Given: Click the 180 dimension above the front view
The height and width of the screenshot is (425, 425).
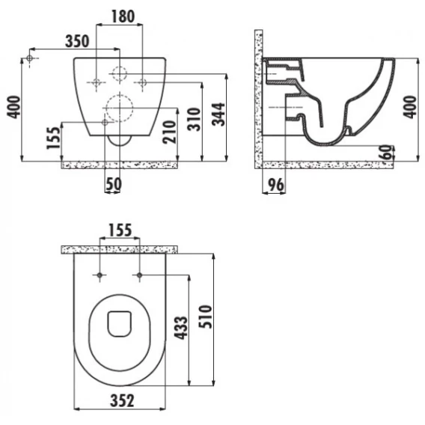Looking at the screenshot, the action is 123,16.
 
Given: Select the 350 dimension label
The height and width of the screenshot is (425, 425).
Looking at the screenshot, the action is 77,41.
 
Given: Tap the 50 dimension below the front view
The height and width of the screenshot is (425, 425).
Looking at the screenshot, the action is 114,184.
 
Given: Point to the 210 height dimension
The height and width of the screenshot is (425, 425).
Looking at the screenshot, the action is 170,132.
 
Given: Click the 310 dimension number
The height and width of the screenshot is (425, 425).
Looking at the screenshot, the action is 195,119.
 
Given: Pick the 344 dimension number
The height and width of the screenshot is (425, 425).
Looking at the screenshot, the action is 218,114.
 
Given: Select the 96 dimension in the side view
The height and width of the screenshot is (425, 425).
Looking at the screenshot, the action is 276,185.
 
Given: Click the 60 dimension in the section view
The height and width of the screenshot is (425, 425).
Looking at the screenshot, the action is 388,153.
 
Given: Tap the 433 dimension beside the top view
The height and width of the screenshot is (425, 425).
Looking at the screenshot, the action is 181,328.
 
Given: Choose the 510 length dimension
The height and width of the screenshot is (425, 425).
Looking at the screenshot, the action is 205,317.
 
